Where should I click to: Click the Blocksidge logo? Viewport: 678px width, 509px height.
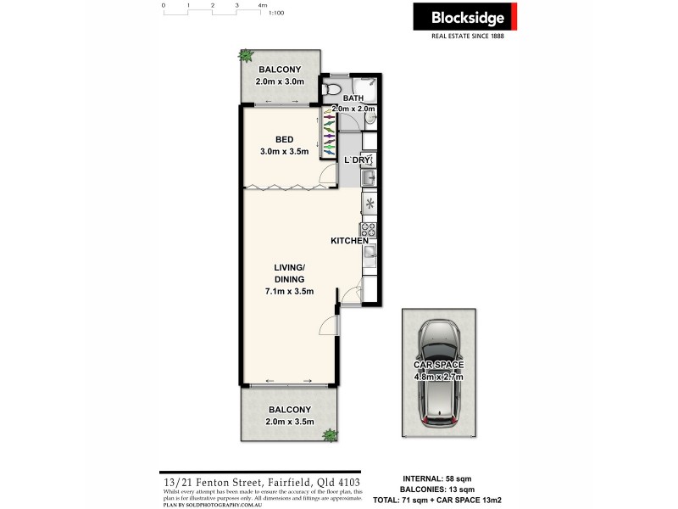coord(464,17)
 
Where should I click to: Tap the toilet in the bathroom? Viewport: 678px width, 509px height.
coord(333,87)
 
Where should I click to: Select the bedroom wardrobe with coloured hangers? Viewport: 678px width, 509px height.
coord(327,132)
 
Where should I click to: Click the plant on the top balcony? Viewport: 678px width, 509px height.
coord(246,56)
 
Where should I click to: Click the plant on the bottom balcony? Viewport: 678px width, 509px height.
coord(328,435)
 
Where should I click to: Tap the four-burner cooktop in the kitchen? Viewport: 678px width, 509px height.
coord(369,228)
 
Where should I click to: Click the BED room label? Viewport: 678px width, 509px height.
coord(284,140)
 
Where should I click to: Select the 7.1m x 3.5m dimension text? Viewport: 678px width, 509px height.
coord(289,292)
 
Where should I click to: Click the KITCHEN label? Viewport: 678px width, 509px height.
coord(349,241)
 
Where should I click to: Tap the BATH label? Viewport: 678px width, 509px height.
coord(353,98)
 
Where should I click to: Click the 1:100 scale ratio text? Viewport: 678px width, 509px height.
coord(275,14)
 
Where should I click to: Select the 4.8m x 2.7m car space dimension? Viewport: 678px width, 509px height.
coord(440,376)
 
